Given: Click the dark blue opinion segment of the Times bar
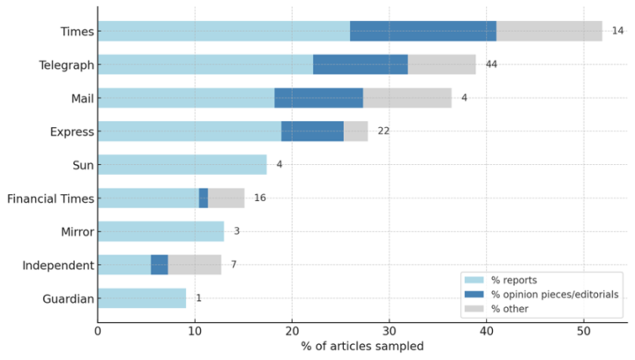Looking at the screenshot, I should [x=422, y=32].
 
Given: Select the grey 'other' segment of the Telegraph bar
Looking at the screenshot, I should [x=442, y=64].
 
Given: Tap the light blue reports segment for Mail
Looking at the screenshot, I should [x=186, y=98].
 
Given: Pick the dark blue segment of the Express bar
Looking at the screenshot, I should [x=312, y=131].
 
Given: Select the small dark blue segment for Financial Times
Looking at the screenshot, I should [x=204, y=198].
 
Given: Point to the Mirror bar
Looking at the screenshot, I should [x=161, y=231].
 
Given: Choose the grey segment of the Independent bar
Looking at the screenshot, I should [x=195, y=265].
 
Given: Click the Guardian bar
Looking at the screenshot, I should [x=142, y=298].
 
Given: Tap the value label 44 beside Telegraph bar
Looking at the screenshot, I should [x=491, y=64].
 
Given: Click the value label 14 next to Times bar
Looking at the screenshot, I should [x=617, y=32].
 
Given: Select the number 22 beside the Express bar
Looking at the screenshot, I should [x=384, y=131].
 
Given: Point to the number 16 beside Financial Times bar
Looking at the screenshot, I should [x=260, y=198].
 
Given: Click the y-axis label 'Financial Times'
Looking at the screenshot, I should [x=50, y=198].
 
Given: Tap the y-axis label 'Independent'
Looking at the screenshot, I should [x=58, y=265].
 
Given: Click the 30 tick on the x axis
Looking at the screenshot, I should [x=389, y=330].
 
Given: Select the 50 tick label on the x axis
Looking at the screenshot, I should [x=583, y=330].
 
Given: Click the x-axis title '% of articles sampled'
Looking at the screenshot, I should [x=362, y=346].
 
